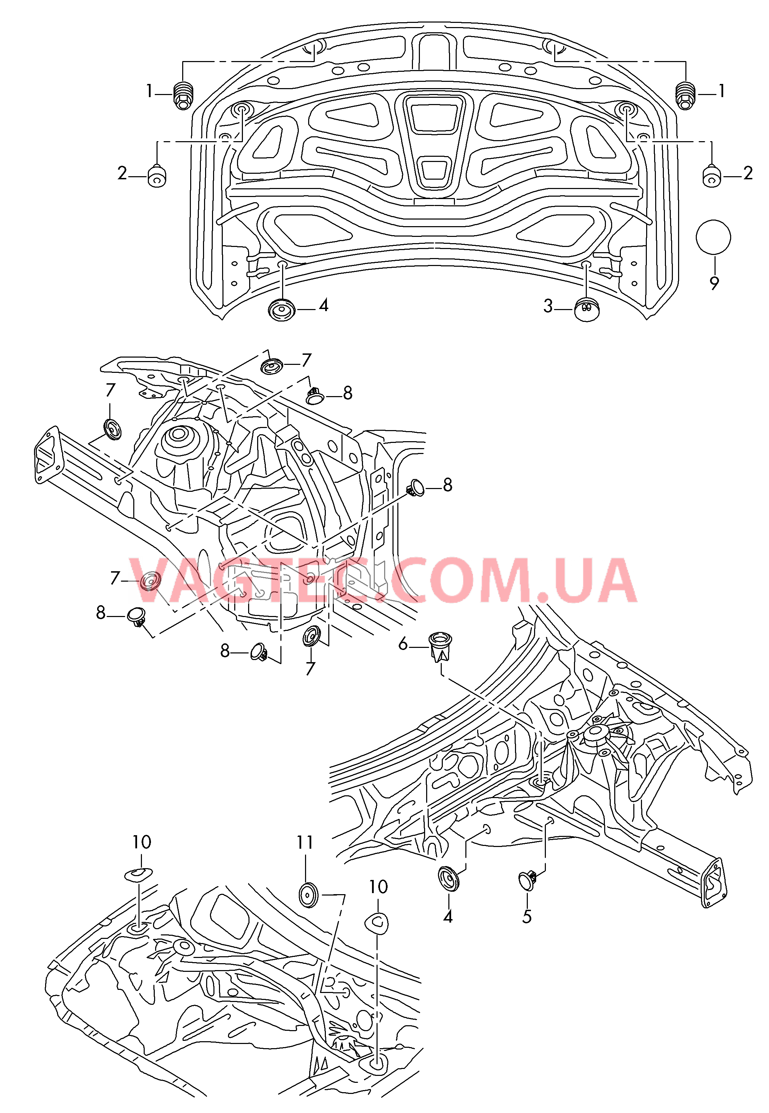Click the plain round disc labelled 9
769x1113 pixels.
click(x=713, y=237)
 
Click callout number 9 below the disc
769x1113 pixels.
click(x=714, y=283)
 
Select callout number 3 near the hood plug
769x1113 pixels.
click(x=548, y=306)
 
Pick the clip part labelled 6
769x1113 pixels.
click(x=440, y=647)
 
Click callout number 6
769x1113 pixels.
click(x=403, y=644)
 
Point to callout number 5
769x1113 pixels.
click(x=527, y=916)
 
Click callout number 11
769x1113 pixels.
click(x=305, y=842)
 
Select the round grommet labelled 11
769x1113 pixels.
click(x=309, y=895)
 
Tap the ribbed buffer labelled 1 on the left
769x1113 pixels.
click(x=183, y=95)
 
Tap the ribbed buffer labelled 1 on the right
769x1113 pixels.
click(x=686, y=95)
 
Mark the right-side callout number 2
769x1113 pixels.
click(x=748, y=173)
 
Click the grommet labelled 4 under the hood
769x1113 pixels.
click(x=281, y=309)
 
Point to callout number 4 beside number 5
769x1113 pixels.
click(x=448, y=916)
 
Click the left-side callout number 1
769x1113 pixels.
click(x=149, y=91)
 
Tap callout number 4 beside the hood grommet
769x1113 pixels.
click(x=324, y=305)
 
